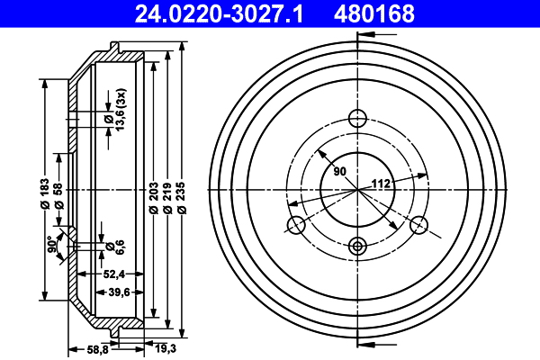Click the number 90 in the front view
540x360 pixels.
pos(339,171)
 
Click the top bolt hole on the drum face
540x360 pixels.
pos(357,117)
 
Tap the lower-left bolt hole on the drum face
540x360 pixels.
pos(294,225)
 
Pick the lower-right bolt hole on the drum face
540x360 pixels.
pos(419,225)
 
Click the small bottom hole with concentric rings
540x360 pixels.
pos(357,246)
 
